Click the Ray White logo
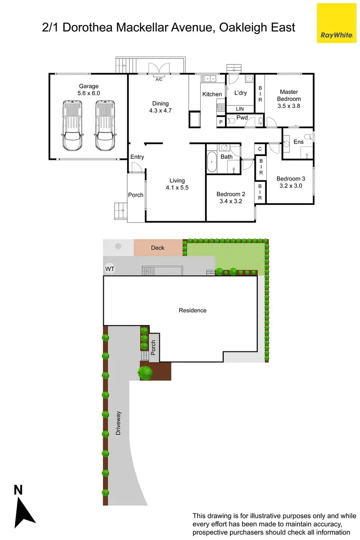[336, 23]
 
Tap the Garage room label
[89, 86]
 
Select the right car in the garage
[105, 125]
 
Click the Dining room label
[161, 103]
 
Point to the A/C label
[159, 80]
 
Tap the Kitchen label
[212, 94]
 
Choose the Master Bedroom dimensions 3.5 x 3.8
[289, 106]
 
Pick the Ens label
[299, 142]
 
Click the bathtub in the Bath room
[212, 162]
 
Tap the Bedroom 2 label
[230, 194]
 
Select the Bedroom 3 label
[290, 179]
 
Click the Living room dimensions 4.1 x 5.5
[177, 188]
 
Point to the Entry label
[137, 157]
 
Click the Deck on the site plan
[157, 248]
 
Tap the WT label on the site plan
[110, 269]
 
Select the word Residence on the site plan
[192, 310]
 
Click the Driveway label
[119, 423]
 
